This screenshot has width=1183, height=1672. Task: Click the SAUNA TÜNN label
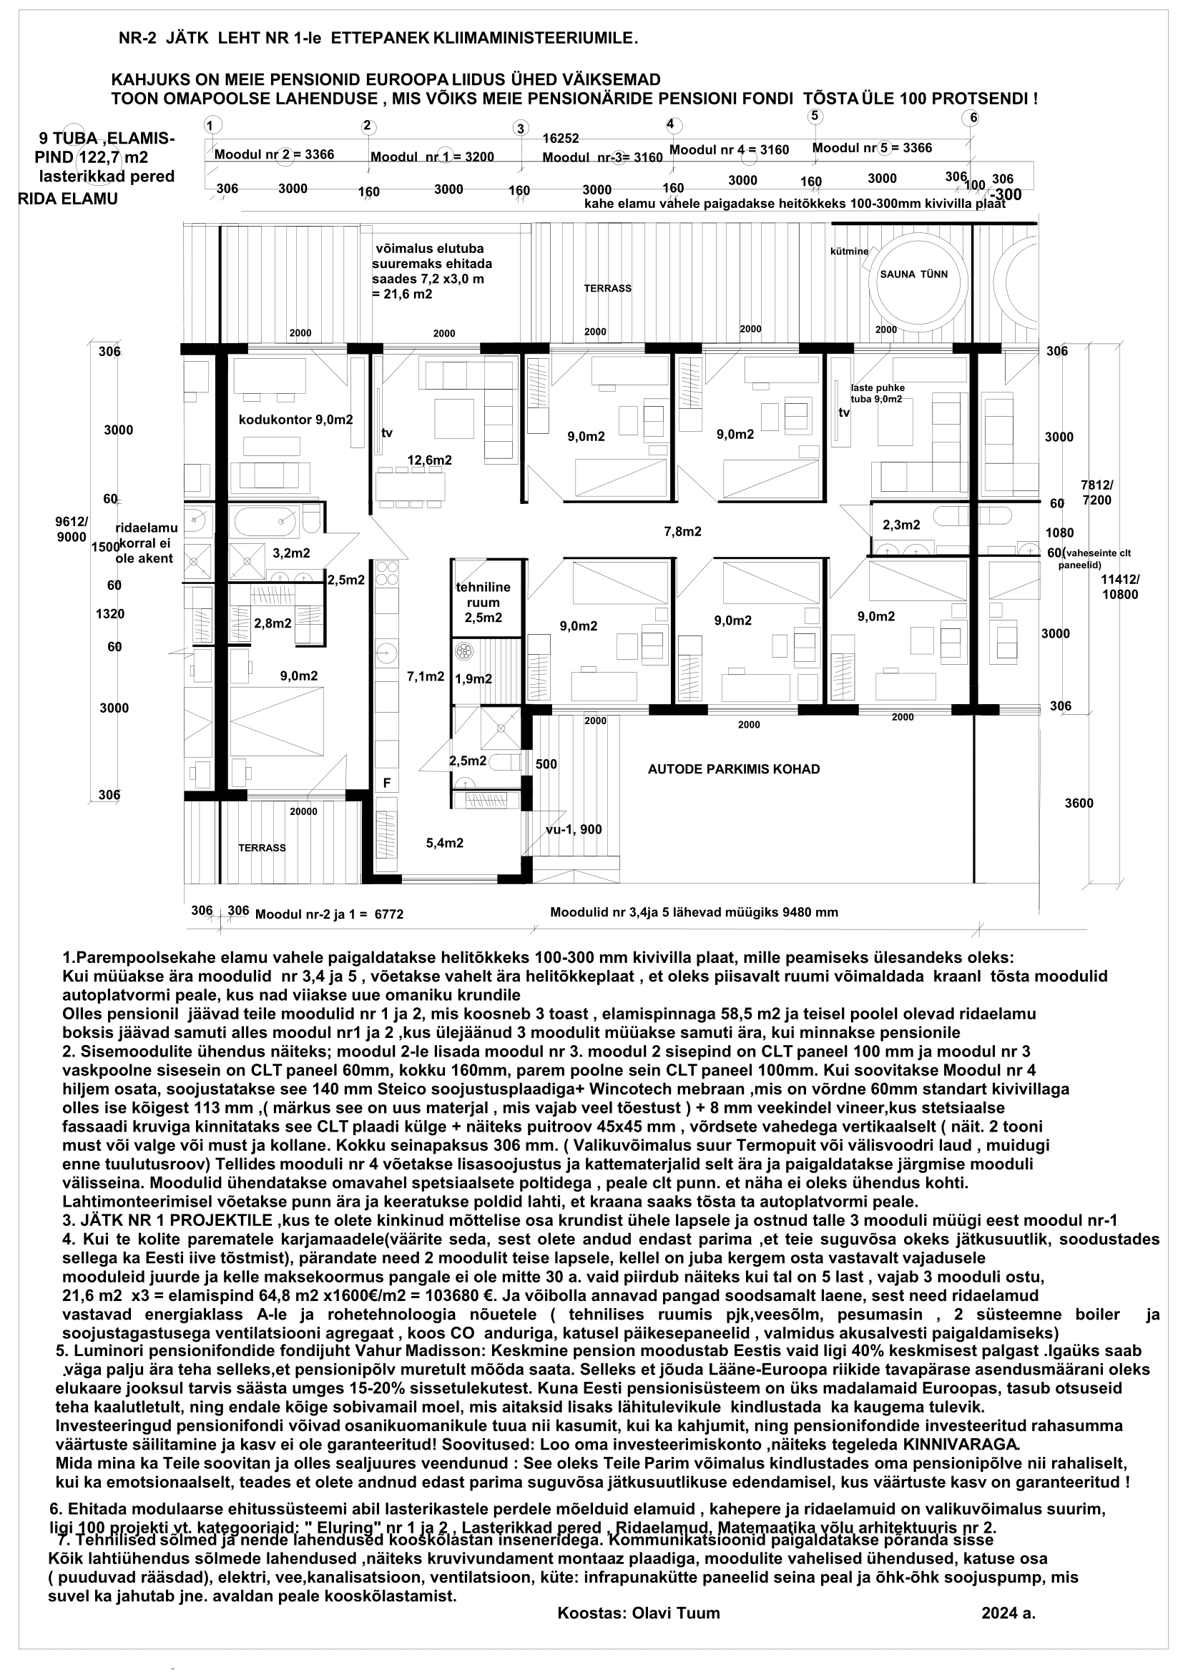click(913, 274)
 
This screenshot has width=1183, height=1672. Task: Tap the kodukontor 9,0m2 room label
click(296, 420)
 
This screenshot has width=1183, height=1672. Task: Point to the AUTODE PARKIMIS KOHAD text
click(734, 769)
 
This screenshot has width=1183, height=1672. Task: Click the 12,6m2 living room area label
click(429, 460)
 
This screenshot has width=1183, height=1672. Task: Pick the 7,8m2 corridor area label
click(682, 532)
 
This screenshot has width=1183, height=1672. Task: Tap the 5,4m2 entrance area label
click(444, 844)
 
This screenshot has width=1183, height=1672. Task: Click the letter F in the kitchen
click(388, 783)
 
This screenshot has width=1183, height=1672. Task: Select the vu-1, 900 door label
click(574, 829)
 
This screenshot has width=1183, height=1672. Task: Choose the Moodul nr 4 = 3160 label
click(728, 150)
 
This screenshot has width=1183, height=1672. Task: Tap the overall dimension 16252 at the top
click(561, 138)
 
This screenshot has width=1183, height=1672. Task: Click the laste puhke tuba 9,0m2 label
click(877, 393)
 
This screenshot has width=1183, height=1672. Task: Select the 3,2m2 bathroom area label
click(291, 553)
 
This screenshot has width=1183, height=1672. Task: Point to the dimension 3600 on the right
click(1078, 803)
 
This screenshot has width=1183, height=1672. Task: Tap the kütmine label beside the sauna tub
click(850, 251)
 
